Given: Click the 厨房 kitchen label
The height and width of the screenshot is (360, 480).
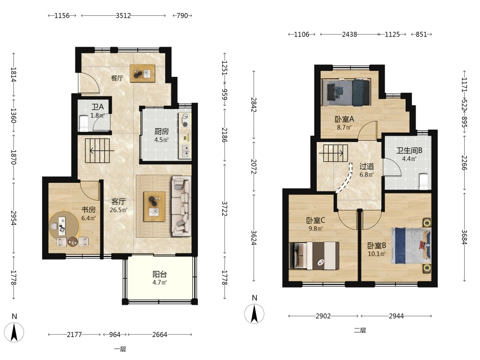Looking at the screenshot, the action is [x=161, y=132].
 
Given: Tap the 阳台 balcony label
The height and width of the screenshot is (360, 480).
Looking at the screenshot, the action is [x=160, y=274].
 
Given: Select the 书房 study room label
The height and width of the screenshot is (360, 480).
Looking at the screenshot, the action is [x=88, y=210].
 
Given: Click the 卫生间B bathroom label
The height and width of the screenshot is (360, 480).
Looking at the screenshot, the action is [x=409, y=151].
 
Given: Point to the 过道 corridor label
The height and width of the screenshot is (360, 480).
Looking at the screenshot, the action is [x=366, y=167].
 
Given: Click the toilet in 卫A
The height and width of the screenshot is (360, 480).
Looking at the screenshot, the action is [x=83, y=123].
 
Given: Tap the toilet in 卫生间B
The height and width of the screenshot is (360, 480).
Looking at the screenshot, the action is [x=423, y=181].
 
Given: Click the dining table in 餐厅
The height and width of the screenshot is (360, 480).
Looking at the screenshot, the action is [x=143, y=73].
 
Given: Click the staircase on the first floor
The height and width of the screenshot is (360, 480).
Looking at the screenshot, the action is [x=97, y=151].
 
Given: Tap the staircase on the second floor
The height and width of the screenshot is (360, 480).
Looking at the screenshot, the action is [x=336, y=153].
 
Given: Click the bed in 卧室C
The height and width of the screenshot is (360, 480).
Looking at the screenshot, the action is [x=314, y=256].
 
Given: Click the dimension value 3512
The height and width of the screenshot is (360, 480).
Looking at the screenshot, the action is [x=123, y=16].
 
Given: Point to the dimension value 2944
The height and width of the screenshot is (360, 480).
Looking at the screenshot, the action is [x=396, y=316].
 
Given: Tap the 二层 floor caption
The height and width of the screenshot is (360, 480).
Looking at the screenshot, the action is [x=360, y=330].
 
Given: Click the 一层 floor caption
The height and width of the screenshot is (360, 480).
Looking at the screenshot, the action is [x=120, y=349].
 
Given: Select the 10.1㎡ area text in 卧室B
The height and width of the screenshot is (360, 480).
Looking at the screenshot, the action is [x=376, y=254].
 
